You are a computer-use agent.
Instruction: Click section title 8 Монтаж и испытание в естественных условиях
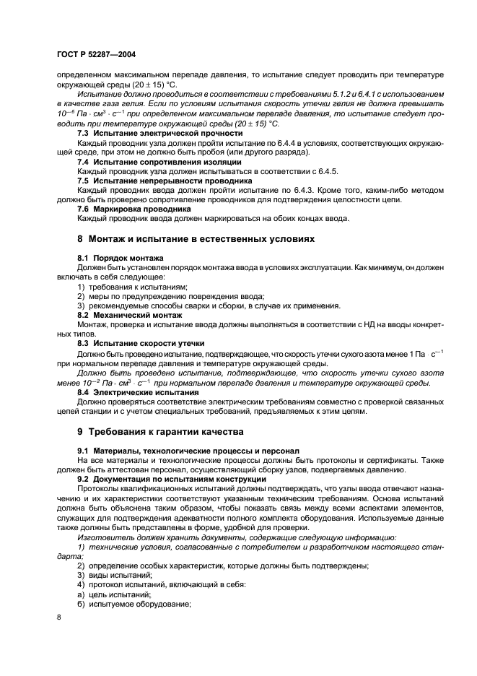tap(195, 238)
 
